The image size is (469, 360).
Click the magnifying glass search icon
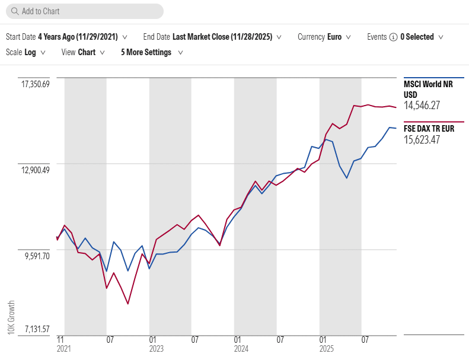pos(14,11)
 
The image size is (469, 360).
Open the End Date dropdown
pos(212,37)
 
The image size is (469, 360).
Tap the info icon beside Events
pos(393,37)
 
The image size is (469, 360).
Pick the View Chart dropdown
pos(83,52)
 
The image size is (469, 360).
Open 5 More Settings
pos(151,52)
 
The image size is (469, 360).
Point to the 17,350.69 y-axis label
pos(36,84)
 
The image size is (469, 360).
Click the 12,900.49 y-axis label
pos(36,170)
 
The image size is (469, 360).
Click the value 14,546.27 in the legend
pos(422,106)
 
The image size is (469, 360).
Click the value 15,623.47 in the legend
pos(422,140)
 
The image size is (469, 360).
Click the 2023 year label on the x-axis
pos(157,349)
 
